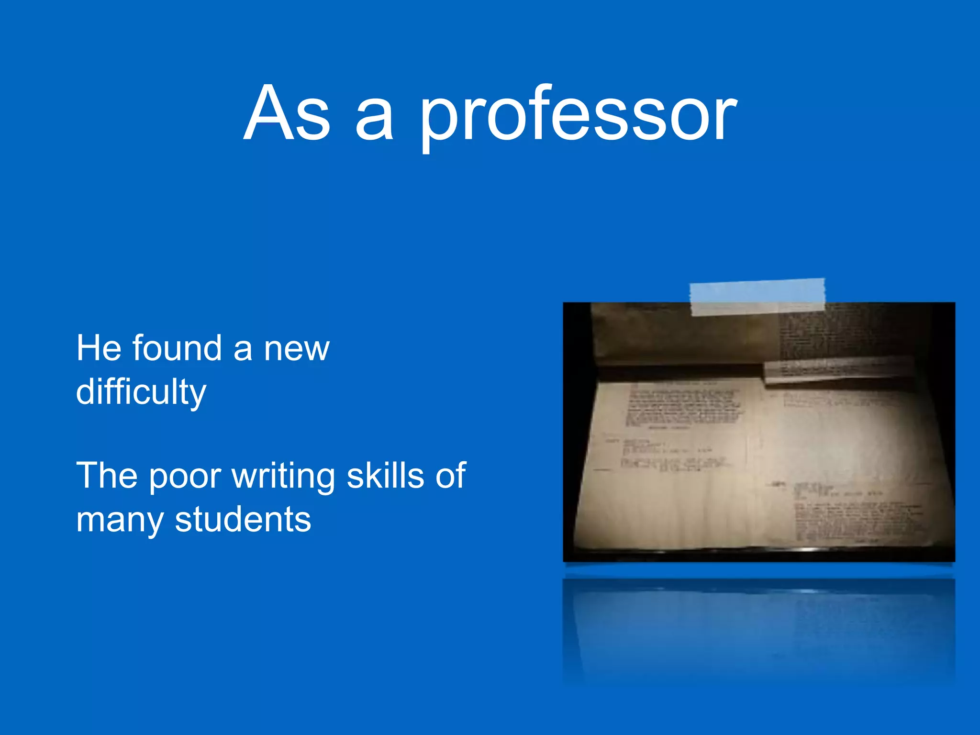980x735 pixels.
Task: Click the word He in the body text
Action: click(x=99, y=348)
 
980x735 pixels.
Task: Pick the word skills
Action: click(x=385, y=476)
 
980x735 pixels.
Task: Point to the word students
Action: click(x=243, y=520)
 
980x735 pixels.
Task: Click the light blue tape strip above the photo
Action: click(x=757, y=297)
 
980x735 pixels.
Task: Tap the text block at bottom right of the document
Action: click(x=857, y=519)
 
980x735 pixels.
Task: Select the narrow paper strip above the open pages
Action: click(x=837, y=369)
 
